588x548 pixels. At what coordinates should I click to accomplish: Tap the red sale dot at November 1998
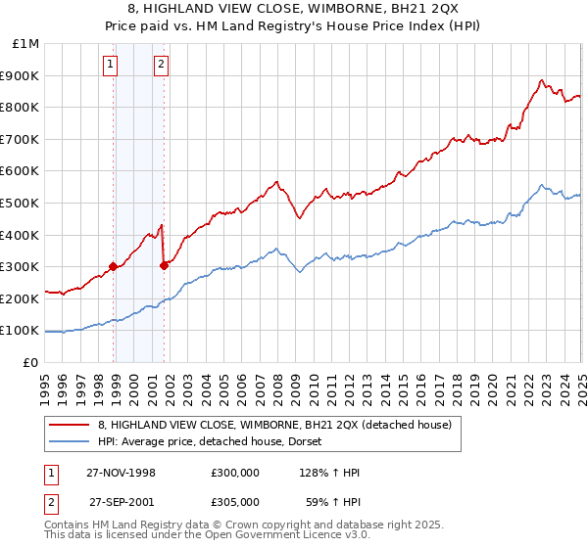coord(114,265)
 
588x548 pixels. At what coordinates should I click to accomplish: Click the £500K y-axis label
coord(22,203)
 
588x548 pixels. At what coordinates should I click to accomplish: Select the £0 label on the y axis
coord(30,362)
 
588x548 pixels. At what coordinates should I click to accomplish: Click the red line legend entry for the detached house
coord(273,425)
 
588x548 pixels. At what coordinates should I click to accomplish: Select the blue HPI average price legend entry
coord(216,442)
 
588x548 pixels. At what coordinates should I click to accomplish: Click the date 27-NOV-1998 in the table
coord(122,473)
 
